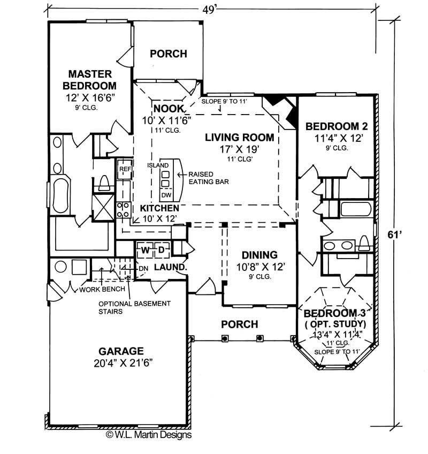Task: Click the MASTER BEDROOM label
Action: tap(89, 79)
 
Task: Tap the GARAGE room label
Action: tap(121, 352)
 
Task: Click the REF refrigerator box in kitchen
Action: tap(125, 170)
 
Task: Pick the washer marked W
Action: tap(145, 249)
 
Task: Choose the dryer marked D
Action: tap(160, 249)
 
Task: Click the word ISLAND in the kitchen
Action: tap(158, 165)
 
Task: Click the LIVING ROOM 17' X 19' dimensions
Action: tap(239, 150)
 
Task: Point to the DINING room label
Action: tap(259, 255)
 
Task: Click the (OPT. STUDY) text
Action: tap(335, 324)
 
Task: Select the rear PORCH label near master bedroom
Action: tap(168, 54)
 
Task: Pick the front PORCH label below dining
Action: tap(240, 324)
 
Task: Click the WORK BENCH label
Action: tap(102, 290)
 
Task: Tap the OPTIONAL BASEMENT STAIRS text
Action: tap(134, 307)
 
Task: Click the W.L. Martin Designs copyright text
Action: tap(148, 435)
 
